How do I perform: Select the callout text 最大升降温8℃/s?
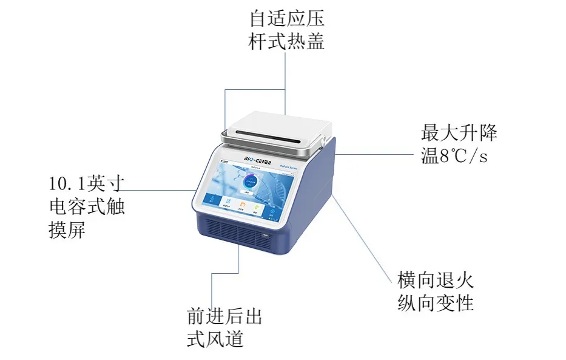pyautogui.click(x=459, y=144)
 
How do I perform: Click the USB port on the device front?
pyautogui.click(x=266, y=234)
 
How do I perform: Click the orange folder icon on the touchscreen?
pyautogui.click(x=241, y=205)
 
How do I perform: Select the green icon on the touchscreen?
pyautogui.click(x=257, y=208)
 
